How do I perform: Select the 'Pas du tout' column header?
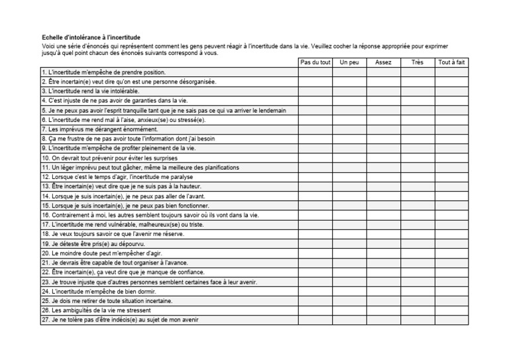click(315, 62)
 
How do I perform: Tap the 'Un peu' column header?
click(349, 62)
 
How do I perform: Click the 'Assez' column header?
click(383, 62)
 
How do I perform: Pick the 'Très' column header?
click(418, 62)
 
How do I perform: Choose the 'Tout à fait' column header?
click(452, 62)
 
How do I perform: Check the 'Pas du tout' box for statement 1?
click(315, 72)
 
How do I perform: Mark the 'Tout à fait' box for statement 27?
click(452, 320)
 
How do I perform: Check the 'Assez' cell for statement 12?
click(383, 177)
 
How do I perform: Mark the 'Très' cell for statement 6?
click(418, 119)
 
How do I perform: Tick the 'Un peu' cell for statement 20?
click(349, 253)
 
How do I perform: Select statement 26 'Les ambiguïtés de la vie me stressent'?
click(96, 310)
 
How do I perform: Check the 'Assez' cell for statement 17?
click(383, 225)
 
